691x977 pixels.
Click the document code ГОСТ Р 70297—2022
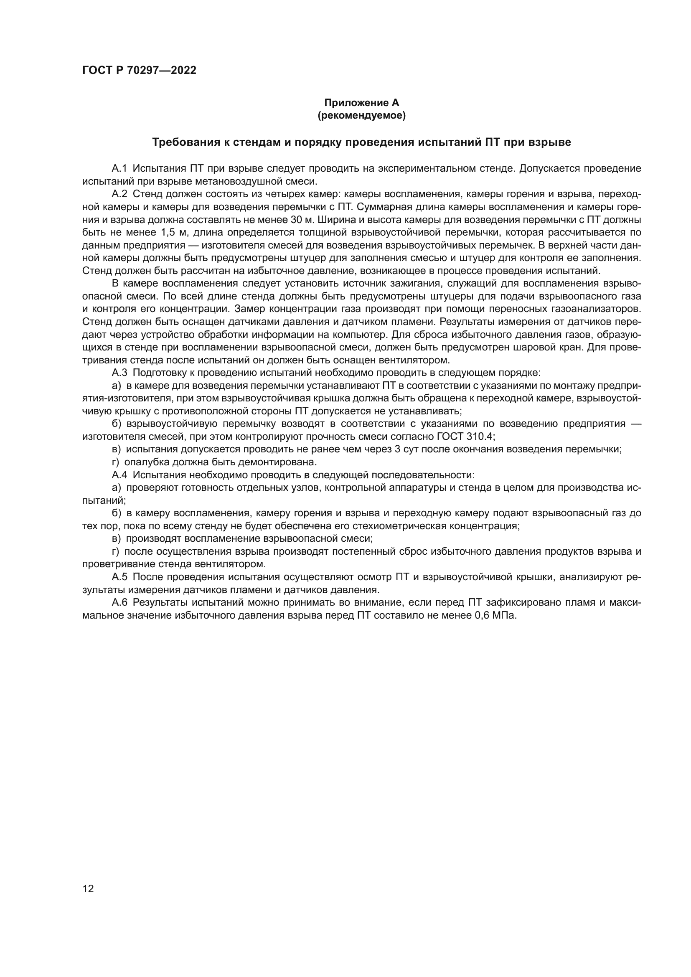tap(139, 71)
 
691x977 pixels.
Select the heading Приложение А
tap(362, 103)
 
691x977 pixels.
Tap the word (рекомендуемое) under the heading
tap(362, 115)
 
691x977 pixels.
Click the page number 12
tap(88, 888)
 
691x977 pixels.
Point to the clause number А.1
tap(119, 168)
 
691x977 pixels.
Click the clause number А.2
tap(119, 194)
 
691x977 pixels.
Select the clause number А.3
tap(119, 373)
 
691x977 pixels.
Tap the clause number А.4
tap(119, 475)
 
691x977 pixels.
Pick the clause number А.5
tap(119, 577)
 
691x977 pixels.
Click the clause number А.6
tap(119, 603)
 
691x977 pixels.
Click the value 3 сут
tap(407, 449)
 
